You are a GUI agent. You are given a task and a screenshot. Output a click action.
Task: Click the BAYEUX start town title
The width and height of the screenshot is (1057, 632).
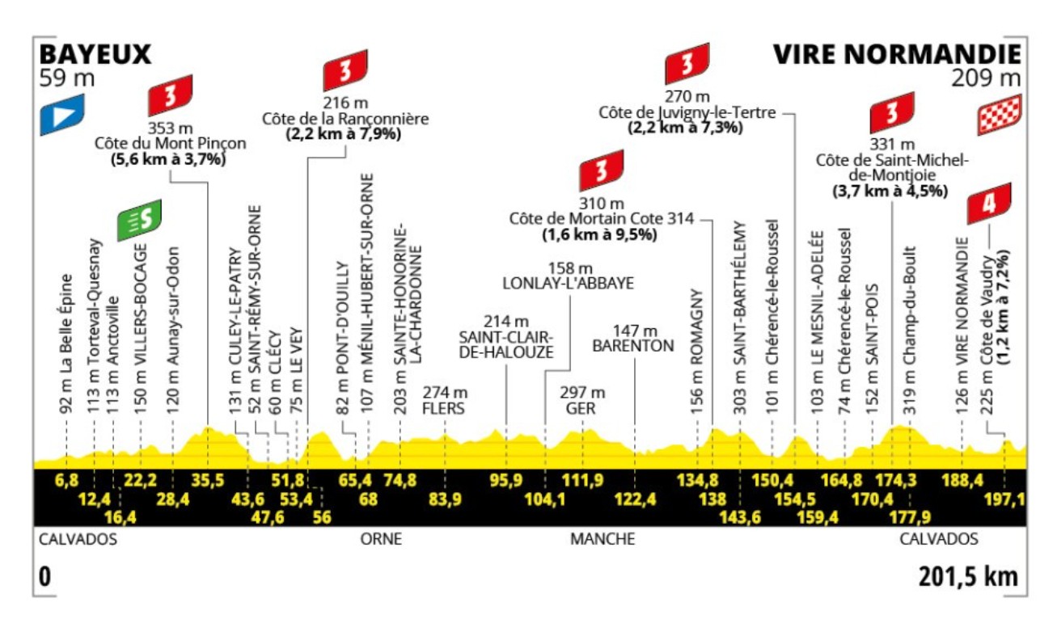coord(95,54)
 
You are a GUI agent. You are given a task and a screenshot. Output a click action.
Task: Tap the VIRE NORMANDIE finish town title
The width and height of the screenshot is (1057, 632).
coord(896,54)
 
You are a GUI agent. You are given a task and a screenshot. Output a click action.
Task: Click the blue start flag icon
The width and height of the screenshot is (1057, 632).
coord(62,114)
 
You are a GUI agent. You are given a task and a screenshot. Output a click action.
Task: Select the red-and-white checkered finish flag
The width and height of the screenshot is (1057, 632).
coord(1000,115)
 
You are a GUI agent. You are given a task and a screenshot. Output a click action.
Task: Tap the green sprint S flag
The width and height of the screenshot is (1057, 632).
coord(139,219)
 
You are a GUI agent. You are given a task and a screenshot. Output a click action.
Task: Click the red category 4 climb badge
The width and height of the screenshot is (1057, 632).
coord(988,205)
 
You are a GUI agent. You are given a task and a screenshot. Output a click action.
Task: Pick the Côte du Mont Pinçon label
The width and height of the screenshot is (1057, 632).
coord(170,143)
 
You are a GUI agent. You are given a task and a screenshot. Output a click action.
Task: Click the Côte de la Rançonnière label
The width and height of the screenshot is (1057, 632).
coord(345,118)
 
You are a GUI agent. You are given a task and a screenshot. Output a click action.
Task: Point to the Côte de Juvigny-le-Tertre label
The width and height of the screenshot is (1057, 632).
coord(687,112)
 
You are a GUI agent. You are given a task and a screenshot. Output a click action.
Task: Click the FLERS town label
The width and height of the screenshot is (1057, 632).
coord(445,408)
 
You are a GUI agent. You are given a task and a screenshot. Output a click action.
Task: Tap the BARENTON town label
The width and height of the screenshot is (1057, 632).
coord(632,346)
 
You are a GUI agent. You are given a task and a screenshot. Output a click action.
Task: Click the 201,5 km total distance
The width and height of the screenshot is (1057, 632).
coord(967,577)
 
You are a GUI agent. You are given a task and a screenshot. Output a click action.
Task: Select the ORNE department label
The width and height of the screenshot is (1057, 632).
coord(380,539)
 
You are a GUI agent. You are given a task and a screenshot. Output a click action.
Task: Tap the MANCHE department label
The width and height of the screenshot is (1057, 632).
coord(602,539)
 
